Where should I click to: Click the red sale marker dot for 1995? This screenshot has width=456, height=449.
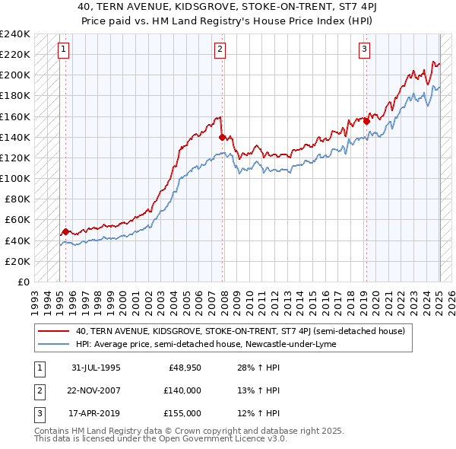(x=65, y=231)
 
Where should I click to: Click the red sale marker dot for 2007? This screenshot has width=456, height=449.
(x=222, y=137)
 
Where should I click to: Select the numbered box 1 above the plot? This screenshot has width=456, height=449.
(x=62, y=50)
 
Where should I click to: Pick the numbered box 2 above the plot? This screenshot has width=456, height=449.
(x=220, y=50)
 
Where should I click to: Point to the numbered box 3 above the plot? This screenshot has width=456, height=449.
(x=364, y=50)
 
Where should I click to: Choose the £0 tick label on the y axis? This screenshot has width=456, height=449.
(x=23, y=282)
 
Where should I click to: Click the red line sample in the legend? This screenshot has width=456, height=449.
(x=53, y=331)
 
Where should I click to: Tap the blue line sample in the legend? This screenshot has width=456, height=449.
(x=53, y=344)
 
